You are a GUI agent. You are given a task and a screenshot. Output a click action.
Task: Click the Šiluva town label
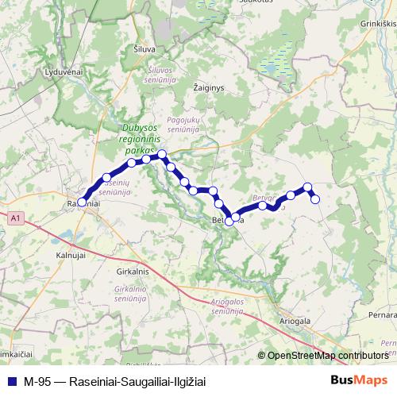click(145, 49)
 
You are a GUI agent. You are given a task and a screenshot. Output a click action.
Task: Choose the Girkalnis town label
click(132, 272)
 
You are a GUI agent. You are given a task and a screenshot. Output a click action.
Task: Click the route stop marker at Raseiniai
click(82, 202)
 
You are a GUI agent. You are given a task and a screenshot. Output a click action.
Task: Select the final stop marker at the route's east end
click(314, 198)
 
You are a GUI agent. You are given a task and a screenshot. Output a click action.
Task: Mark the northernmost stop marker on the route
click(161, 154)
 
